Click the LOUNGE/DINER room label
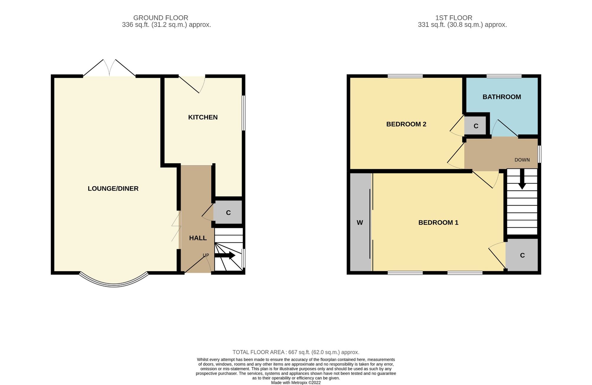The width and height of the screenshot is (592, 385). pyautogui.click(x=113, y=189)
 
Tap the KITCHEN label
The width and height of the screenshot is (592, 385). pyautogui.click(x=203, y=117)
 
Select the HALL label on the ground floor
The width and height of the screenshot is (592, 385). pyautogui.click(x=198, y=238)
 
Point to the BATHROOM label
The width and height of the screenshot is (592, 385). pyautogui.click(x=502, y=97)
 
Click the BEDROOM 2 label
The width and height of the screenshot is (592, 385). pyautogui.click(x=406, y=124)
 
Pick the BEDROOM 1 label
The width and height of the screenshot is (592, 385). pyautogui.click(x=438, y=223)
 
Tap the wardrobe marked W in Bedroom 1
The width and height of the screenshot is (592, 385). pyautogui.click(x=360, y=222)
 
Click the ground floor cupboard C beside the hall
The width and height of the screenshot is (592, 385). pyautogui.click(x=228, y=212)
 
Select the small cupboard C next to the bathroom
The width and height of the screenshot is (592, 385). pyautogui.click(x=475, y=126)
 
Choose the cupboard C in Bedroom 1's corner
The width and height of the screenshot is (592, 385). pyautogui.click(x=522, y=255)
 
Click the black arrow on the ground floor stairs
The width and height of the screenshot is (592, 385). pyautogui.click(x=225, y=255)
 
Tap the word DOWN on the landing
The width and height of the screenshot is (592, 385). pyautogui.click(x=522, y=160)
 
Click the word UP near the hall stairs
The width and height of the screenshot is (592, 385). pyautogui.click(x=206, y=255)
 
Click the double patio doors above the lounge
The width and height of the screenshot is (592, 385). pyautogui.click(x=109, y=68)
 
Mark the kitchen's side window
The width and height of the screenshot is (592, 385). pyautogui.click(x=244, y=113)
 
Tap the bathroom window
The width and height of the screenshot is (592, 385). pyautogui.click(x=504, y=76)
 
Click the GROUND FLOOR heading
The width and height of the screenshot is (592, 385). pyautogui.click(x=161, y=18)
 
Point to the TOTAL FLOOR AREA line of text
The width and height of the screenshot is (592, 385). pyautogui.click(x=296, y=352)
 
